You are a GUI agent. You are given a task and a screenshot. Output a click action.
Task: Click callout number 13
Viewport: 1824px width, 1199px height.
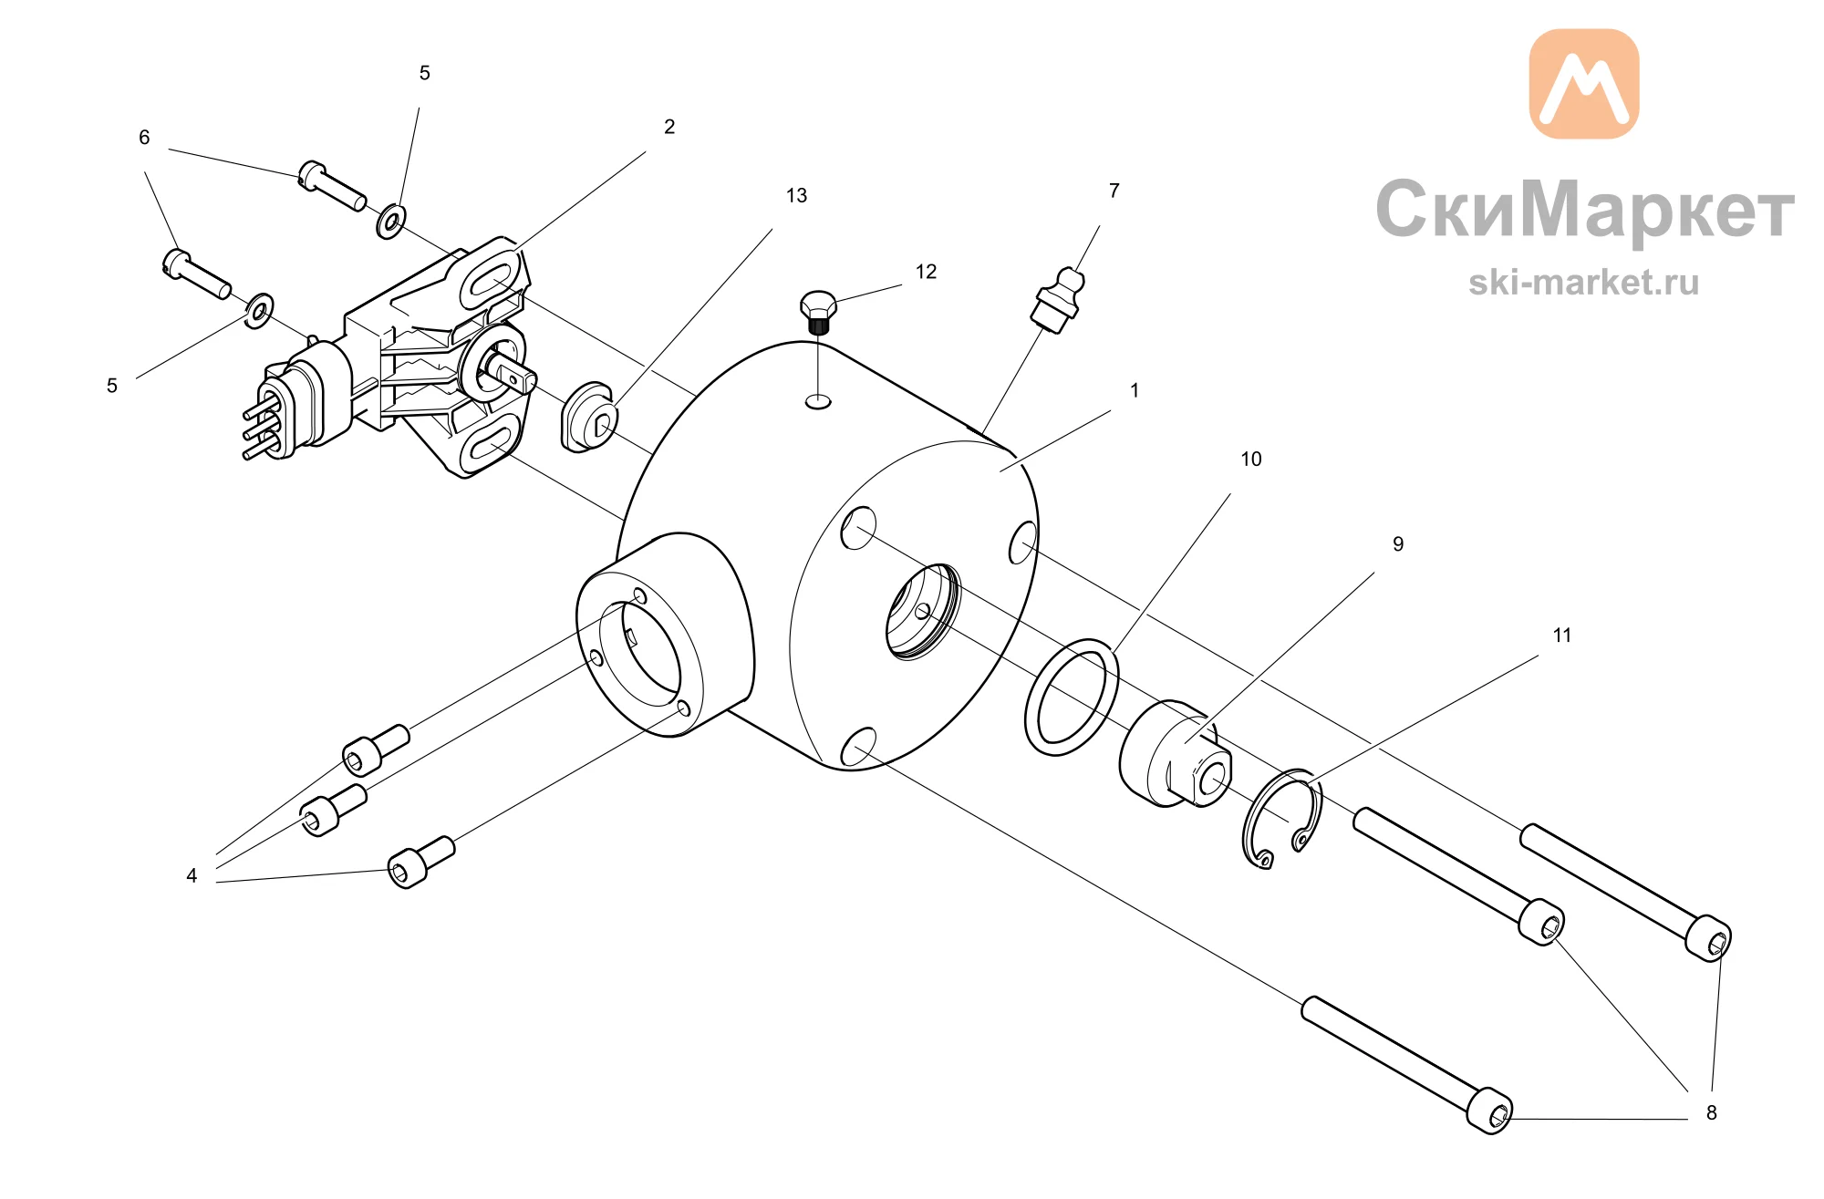pyautogui.click(x=796, y=195)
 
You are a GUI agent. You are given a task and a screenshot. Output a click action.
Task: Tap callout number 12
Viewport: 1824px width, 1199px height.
pyautogui.click(x=926, y=272)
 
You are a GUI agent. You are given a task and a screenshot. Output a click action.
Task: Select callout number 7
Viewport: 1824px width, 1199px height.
pyautogui.click(x=1114, y=191)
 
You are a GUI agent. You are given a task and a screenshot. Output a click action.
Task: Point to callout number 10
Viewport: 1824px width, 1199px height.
pyautogui.click(x=1250, y=459)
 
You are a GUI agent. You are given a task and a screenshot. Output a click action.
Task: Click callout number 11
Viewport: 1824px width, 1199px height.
pyautogui.click(x=1561, y=635)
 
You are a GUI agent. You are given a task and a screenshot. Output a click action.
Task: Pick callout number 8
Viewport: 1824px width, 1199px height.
pyautogui.click(x=1711, y=1112)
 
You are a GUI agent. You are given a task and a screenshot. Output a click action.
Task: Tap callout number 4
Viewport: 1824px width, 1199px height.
pyautogui.click(x=192, y=875)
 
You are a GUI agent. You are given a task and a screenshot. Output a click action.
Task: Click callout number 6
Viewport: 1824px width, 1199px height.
pyautogui.click(x=144, y=137)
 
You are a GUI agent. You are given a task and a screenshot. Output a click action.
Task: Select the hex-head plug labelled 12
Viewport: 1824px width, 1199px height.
pyautogui.click(x=818, y=312)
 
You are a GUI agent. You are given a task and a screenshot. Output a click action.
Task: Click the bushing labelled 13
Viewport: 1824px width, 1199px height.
pyautogui.click(x=588, y=418)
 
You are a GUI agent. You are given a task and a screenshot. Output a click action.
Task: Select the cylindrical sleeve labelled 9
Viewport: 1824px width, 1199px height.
pyautogui.click(x=1175, y=753)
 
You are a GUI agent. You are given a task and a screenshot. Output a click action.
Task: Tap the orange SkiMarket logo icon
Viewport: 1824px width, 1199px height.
pyautogui.click(x=1583, y=84)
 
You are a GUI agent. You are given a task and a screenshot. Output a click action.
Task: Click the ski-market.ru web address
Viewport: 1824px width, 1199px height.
pyautogui.click(x=1583, y=282)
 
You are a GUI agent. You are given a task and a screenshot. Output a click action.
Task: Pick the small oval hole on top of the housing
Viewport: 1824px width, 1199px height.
pyautogui.click(x=818, y=400)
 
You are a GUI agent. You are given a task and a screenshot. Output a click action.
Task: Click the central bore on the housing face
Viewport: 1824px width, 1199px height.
pyautogui.click(x=923, y=611)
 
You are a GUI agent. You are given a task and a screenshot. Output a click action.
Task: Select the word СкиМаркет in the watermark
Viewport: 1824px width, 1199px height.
pyautogui.click(x=1585, y=209)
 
